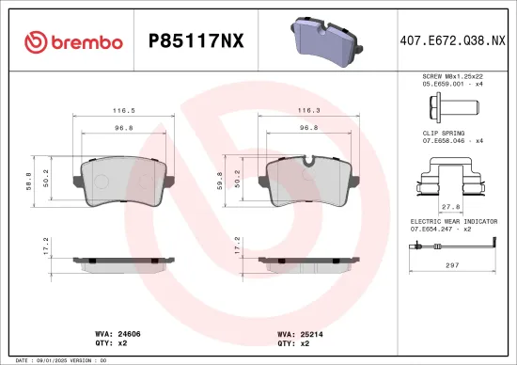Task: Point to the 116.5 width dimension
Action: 120,110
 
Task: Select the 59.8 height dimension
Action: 220,180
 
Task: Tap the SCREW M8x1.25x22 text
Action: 456,74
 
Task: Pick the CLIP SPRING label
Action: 444,134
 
